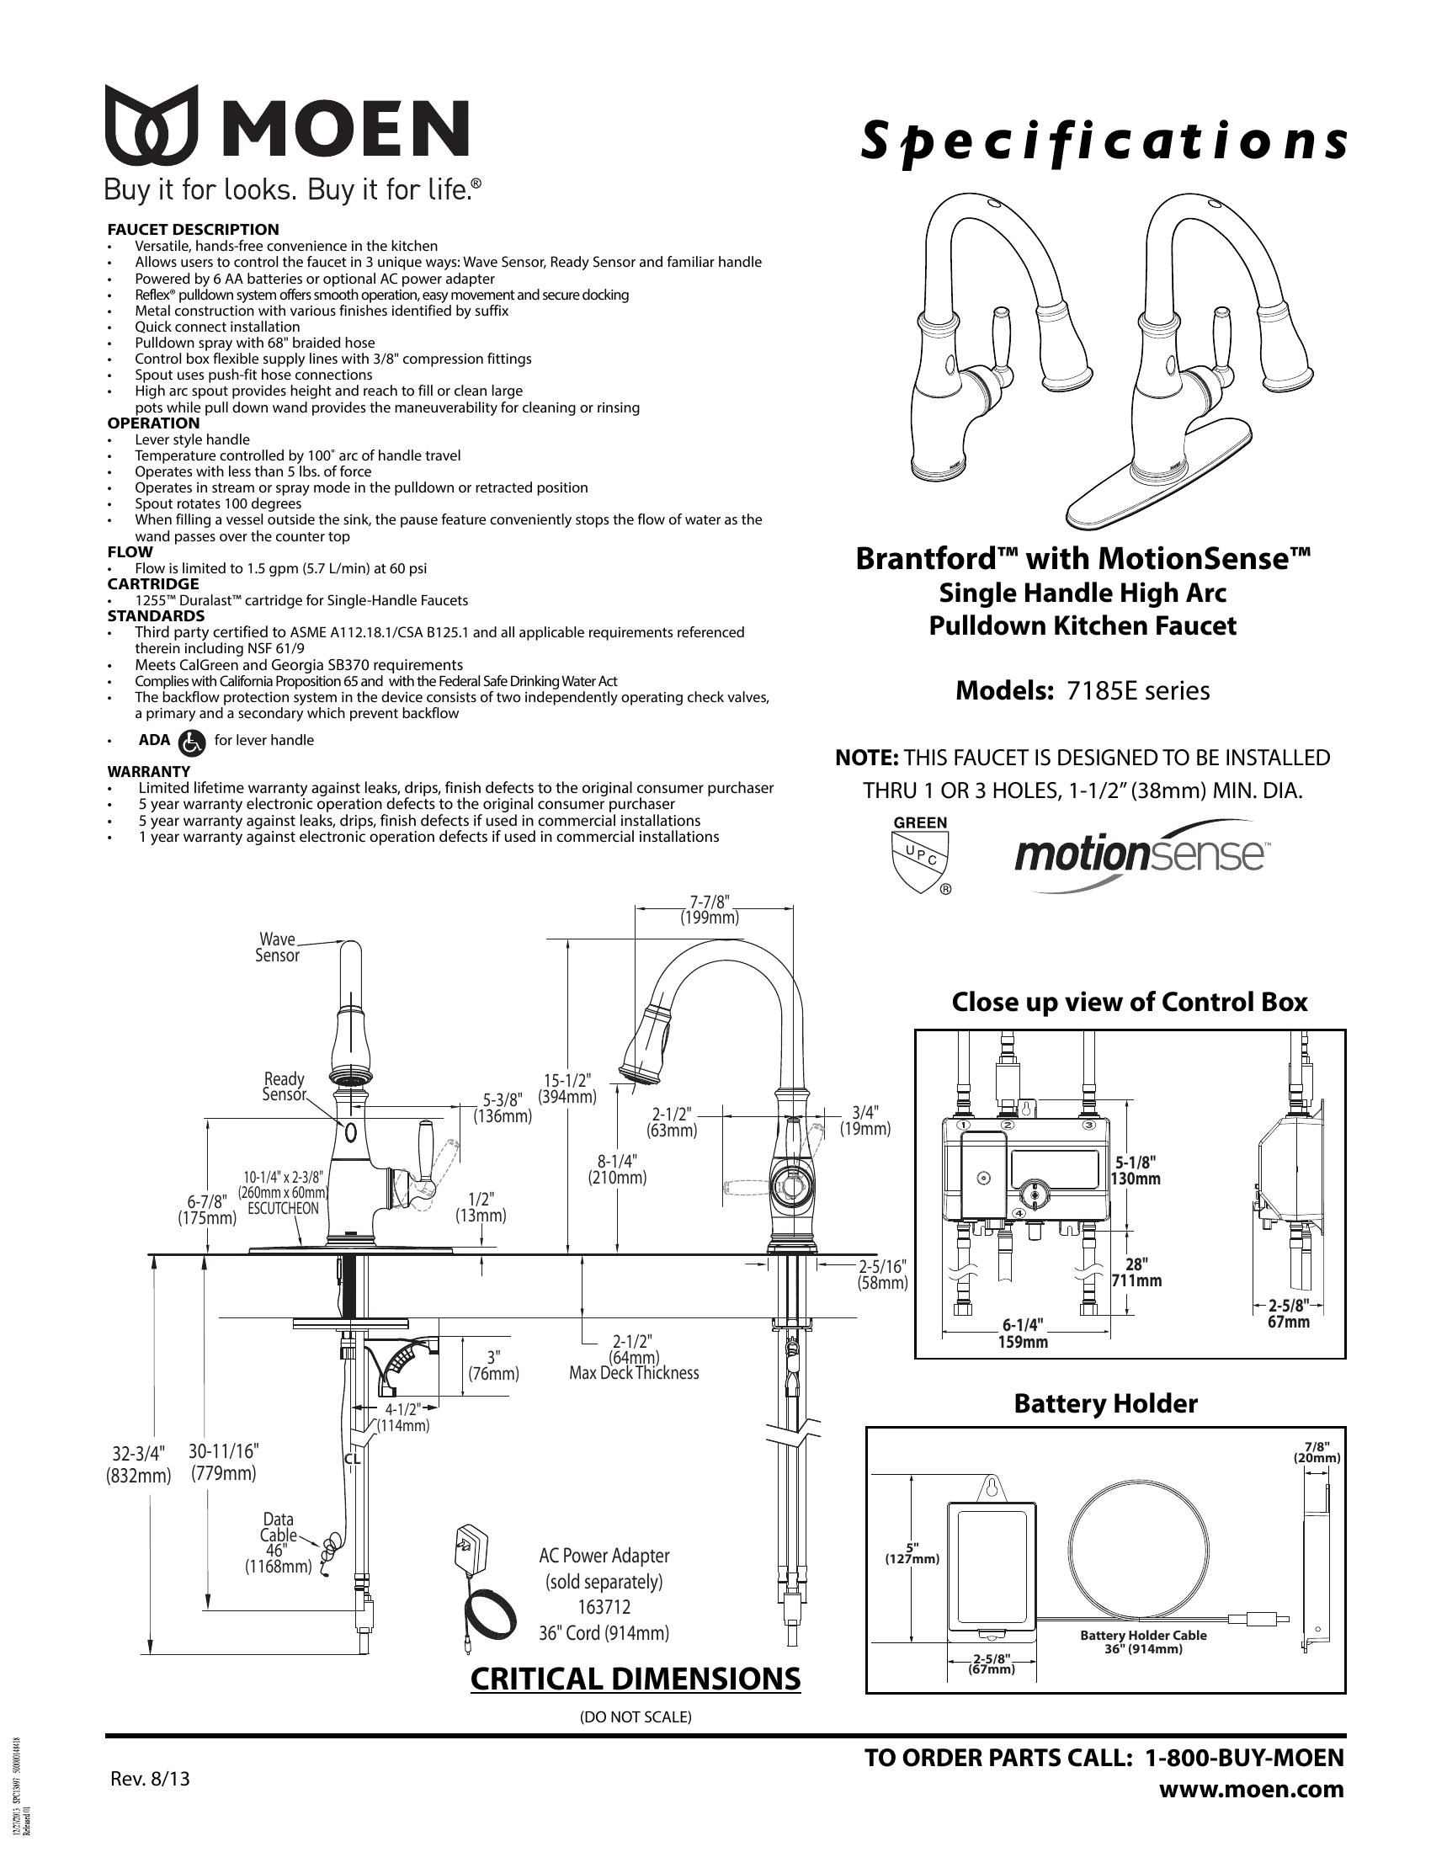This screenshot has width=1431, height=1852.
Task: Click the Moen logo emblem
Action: click(152, 125)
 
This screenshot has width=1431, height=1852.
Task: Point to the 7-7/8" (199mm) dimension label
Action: click(710, 909)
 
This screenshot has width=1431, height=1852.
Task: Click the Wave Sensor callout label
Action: click(278, 947)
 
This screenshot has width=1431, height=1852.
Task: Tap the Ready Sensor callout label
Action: click(284, 1086)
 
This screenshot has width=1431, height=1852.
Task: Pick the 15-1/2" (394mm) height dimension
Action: click(568, 1088)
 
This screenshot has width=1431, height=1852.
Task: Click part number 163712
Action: click(604, 1607)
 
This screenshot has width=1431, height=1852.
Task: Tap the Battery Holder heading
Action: click(1105, 1403)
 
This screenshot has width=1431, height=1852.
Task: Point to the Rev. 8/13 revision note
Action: click(150, 1778)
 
